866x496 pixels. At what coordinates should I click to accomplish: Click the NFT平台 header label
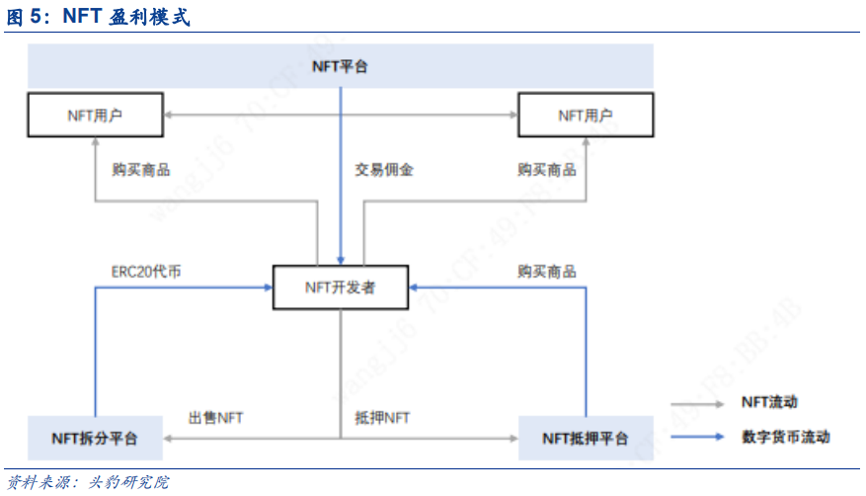(340, 66)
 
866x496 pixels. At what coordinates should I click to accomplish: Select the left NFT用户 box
(94, 115)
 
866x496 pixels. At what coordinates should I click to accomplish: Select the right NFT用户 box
(586, 115)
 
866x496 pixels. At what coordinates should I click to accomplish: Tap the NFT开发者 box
(340, 288)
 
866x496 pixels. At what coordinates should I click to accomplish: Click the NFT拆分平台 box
(95, 438)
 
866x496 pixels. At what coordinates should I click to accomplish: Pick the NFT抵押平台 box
(586, 438)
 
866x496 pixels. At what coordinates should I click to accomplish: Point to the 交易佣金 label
(384, 169)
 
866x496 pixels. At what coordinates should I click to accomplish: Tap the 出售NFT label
(216, 418)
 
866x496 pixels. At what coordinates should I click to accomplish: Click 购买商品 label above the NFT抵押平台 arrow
(547, 271)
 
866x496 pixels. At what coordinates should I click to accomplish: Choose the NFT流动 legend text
(769, 402)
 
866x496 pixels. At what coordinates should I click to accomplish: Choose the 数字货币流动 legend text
(785, 437)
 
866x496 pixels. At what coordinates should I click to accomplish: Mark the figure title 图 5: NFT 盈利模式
(99, 17)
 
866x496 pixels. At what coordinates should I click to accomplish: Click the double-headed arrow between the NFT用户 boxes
(340, 115)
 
